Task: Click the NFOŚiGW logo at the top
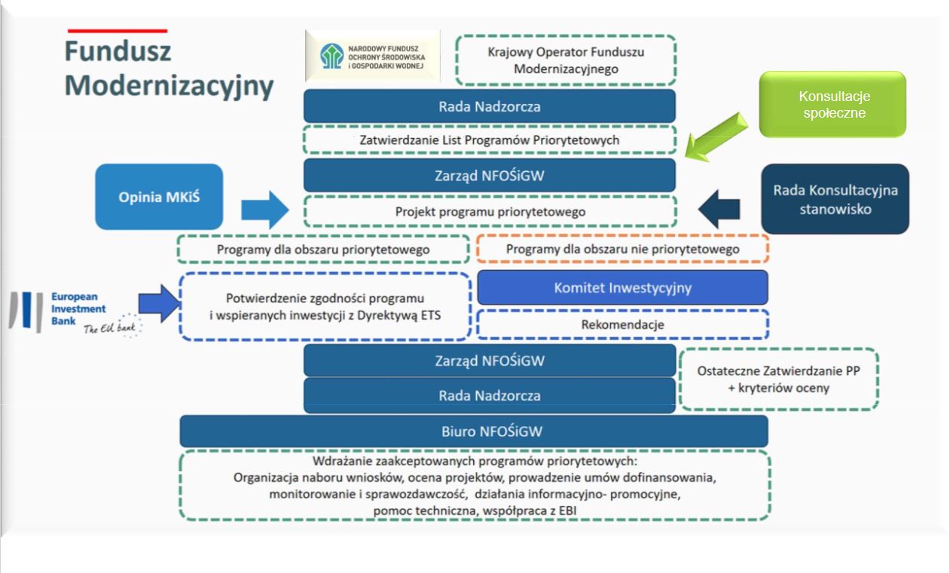(x=372, y=57)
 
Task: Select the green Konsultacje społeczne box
(x=832, y=105)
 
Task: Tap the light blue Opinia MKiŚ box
(x=160, y=197)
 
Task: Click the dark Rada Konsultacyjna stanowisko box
(x=835, y=200)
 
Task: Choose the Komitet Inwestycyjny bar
(x=622, y=287)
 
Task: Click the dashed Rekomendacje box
(x=622, y=324)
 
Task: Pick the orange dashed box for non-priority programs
(x=622, y=249)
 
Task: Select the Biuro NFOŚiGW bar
(x=473, y=431)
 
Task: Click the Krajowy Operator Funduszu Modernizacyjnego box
(x=565, y=60)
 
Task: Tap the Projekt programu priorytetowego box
(x=490, y=212)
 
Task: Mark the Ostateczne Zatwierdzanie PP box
(x=779, y=379)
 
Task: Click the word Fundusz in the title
(x=118, y=51)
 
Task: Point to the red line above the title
(x=118, y=31)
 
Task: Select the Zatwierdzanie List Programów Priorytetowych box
(x=490, y=140)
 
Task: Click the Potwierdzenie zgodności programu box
(x=325, y=305)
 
